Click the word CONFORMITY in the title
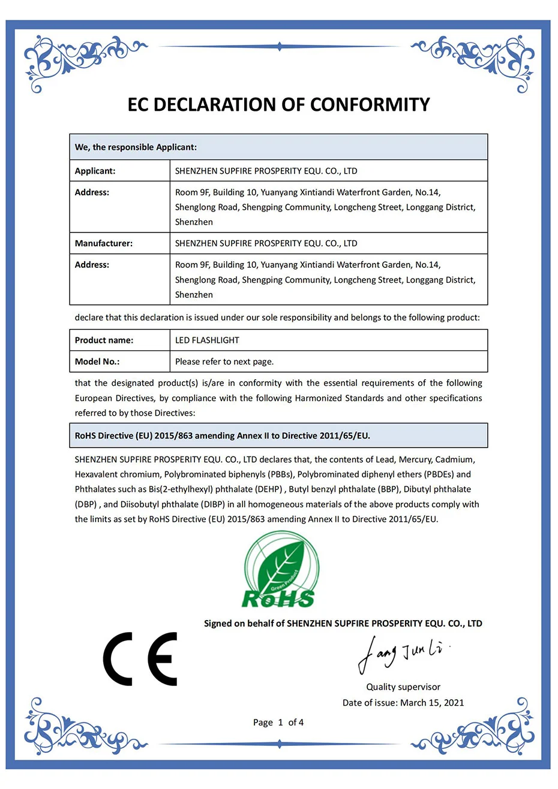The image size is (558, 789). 370,105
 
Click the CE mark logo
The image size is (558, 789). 140,658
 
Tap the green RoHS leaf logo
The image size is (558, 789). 280,573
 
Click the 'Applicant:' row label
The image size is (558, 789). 95,171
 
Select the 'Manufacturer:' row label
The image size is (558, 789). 103,243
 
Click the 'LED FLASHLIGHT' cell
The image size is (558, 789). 207,340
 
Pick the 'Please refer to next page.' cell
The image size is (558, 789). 224,362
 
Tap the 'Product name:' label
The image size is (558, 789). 104,340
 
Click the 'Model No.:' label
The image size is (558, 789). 97,362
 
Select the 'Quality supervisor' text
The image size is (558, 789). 403,687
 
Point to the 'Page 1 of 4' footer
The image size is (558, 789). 278,723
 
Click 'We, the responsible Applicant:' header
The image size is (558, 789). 136,147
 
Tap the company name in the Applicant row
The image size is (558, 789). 266,171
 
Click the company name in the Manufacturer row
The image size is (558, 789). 266,243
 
